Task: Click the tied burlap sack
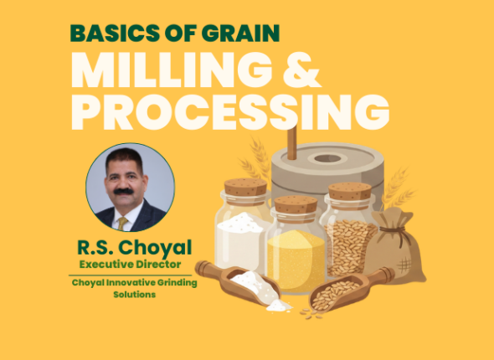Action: click(x=399, y=247)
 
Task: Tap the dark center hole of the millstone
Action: click(x=327, y=158)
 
